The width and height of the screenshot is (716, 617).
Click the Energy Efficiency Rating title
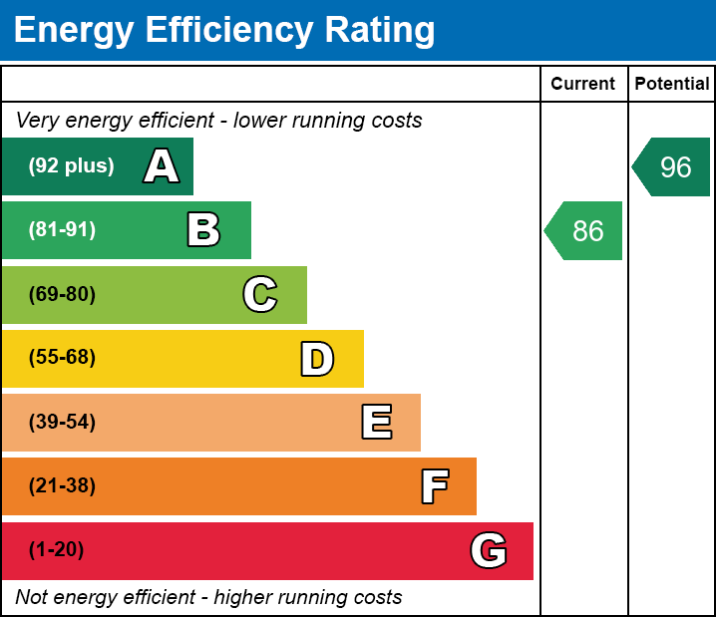[x=224, y=30]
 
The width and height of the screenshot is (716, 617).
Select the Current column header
[x=583, y=84]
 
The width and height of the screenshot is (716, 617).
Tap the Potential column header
[x=672, y=84]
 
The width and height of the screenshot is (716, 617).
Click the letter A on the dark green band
[x=162, y=166]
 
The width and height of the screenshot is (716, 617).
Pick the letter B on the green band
[x=203, y=230]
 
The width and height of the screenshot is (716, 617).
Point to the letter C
[x=260, y=294]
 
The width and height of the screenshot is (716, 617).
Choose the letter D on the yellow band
[x=317, y=359]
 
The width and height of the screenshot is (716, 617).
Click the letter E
[x=376, y=423]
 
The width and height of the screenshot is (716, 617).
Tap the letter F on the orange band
[x=434, y=486]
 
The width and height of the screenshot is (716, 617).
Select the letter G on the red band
[x=489, y=550]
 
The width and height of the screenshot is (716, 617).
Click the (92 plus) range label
[x=71, y=166]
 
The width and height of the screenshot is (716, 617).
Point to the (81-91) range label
[x=62, y=230]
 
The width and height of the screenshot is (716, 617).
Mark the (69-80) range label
[x=62, y=294]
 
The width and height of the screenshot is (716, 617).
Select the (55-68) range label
[x=62, y=358]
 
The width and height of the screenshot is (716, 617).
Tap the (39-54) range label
[x=62, y=423]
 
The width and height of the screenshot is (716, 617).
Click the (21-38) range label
[x=62, y=486]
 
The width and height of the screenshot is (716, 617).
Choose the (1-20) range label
[x=57, y=550]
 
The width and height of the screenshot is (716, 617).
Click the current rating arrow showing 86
[x=585, y=231]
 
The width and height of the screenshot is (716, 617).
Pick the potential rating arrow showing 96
[x=673, y=167]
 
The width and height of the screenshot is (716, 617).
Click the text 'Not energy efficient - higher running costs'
[x=208, y=598]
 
